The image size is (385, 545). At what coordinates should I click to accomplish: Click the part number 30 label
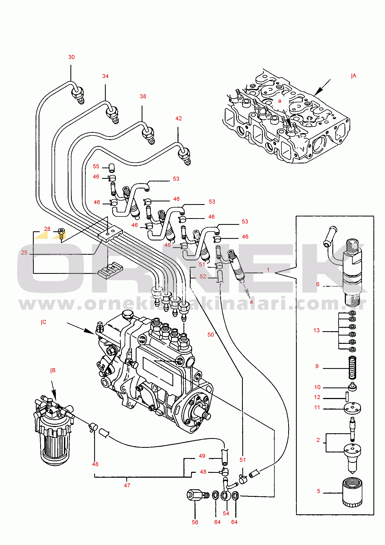click(71, 57)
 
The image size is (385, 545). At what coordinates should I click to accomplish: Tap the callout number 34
click(105, 76)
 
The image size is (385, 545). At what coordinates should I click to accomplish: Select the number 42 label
click(179, 118)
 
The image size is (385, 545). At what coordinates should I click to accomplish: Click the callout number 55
click(96, 166)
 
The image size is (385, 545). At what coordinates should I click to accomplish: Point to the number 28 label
click(47, 229)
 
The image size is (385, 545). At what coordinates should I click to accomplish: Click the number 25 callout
click(24, 253)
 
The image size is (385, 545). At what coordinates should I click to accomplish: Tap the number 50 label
click(210, 335)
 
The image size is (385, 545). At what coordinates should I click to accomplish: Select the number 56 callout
click(195, 522)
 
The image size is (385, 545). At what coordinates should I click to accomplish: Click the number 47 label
click(127, 485)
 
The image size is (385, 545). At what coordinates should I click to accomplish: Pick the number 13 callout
click(316, 330)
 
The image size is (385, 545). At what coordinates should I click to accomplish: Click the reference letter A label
click(354, 76)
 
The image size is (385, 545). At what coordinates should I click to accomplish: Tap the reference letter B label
click(53, 371)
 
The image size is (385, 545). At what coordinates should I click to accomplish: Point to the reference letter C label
click(44, 322)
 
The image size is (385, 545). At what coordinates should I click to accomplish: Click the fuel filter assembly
click(54, 431)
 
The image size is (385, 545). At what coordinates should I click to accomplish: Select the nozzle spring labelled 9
click(352, 368)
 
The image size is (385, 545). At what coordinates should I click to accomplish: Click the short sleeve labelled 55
click(112, 168)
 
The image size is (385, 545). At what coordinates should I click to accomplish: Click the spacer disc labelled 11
click(352, 408)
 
